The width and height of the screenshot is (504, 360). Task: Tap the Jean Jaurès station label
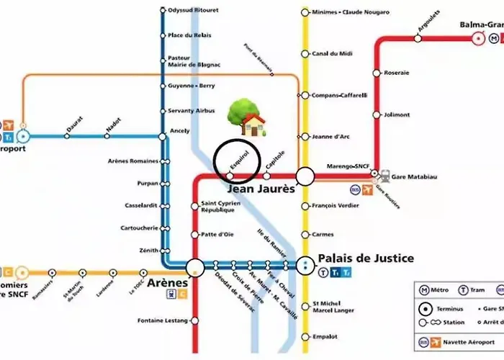(261, 189)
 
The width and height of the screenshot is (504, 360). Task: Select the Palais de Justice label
(366, 258)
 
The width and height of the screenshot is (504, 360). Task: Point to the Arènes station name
(167, 283)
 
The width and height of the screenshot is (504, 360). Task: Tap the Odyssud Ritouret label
(193, 11)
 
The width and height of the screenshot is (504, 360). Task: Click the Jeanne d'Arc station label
(330, 136)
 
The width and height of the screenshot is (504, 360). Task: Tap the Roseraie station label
(396, 73)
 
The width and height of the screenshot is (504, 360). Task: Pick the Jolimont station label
(397, 114)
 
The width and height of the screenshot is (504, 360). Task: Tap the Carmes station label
(323, 234)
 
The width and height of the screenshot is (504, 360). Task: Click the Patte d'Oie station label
(217, 234)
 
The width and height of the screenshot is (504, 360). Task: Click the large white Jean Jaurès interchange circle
(305, 176)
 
